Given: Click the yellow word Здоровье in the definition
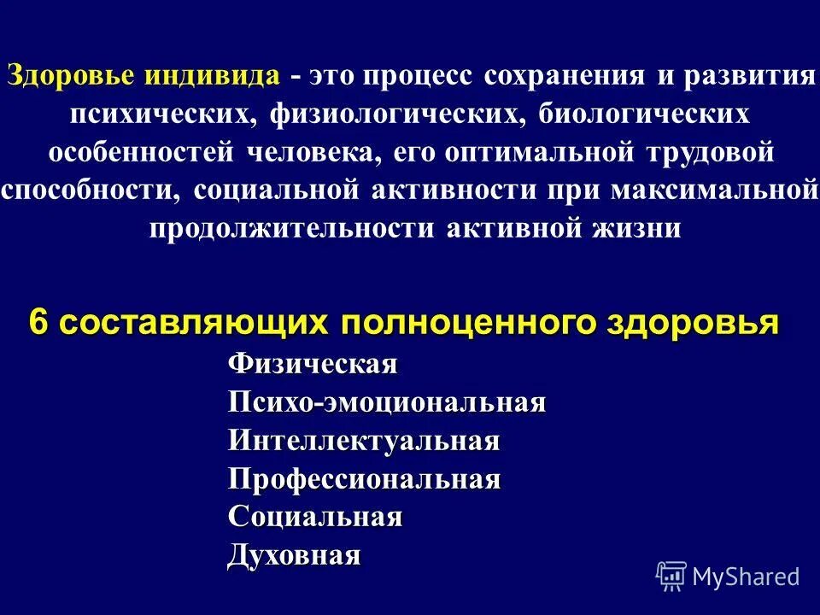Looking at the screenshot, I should (71, 75).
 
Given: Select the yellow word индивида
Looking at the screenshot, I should (212, 75).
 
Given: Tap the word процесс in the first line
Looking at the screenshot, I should (419, 75).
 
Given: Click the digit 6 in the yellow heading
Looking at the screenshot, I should (38, 324).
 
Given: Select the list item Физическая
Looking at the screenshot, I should (313, 365).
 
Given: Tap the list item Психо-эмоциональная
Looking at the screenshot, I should (386, 403).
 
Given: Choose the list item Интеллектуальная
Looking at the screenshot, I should (364, 442).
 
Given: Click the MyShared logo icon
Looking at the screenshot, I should (671, 576).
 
